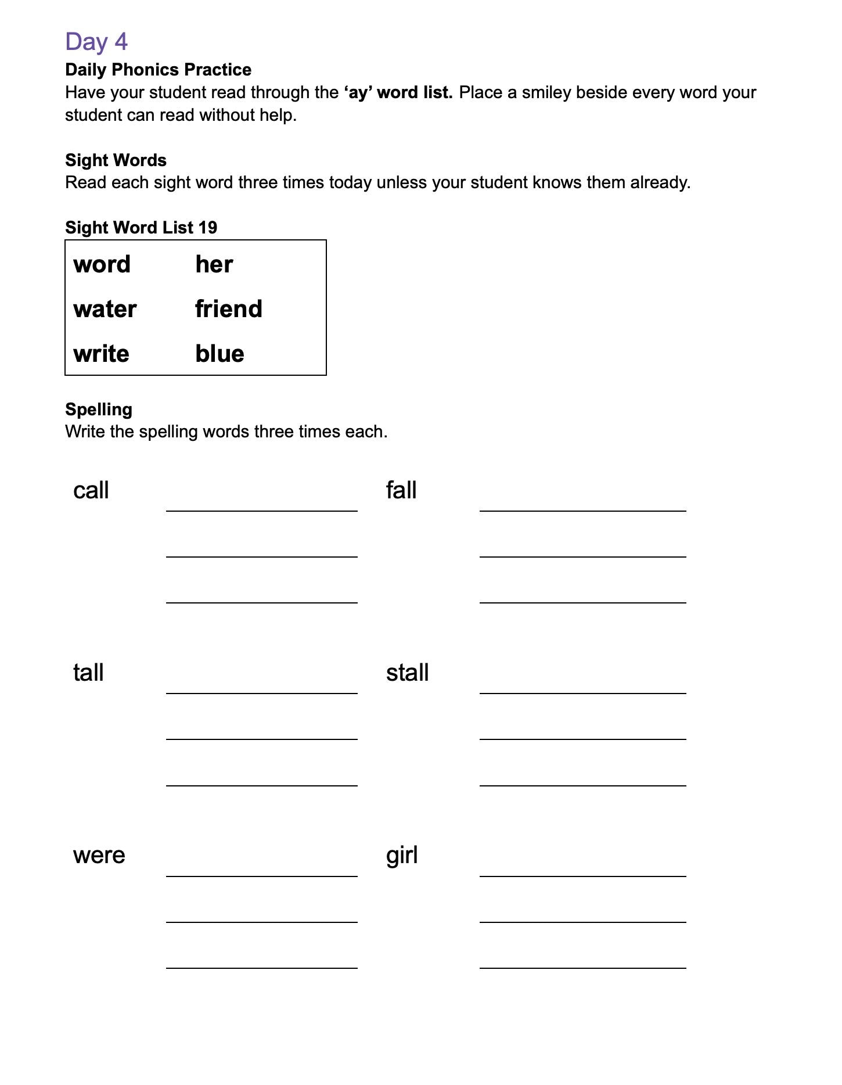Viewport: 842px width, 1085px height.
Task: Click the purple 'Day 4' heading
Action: (96, 42)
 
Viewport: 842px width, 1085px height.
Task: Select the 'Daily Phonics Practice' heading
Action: (158, 70)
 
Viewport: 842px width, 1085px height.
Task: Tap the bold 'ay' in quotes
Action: (358, 93)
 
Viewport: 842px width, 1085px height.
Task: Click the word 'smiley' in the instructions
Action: (546, 93)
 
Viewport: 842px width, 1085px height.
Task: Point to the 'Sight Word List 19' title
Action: (141, 228)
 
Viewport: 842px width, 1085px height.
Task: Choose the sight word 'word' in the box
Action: (102, 265)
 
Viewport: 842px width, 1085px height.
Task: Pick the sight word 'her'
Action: (214, 265)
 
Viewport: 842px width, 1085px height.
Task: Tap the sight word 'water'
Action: (105, 310)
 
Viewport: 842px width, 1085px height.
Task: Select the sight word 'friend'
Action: (229, 310)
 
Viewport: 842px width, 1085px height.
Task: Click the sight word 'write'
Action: (101, 354)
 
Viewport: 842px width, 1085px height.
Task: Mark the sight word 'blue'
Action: (220, 354)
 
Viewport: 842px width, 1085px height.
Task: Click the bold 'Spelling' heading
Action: (99, 409)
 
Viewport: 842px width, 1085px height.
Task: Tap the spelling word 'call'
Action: (91, 491)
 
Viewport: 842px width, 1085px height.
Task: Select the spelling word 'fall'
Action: (401, 491)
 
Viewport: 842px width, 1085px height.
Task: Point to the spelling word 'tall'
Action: (88, 673)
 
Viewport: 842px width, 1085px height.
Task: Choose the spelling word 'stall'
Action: (407, 673)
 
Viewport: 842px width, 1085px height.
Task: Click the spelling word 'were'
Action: (99, 856)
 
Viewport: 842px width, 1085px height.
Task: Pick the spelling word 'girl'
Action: (402, 856)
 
